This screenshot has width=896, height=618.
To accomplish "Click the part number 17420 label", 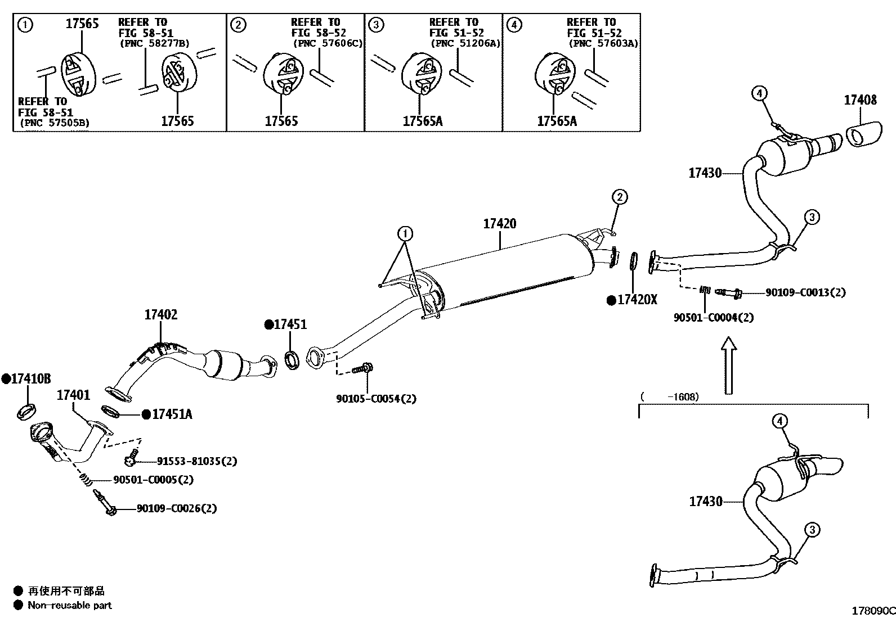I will click(x=499, y=224).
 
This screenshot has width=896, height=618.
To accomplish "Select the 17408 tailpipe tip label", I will click(x=860, y=100).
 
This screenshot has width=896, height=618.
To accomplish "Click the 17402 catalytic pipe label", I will click(x=160, y=315).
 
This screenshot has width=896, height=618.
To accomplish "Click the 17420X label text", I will click(x=637, y=300).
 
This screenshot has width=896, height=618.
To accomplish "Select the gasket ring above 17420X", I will click(x=633, y=261).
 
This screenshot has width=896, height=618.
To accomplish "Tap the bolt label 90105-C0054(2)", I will click(x=376, y=399).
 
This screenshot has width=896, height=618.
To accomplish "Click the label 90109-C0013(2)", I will click(x=805, y=292).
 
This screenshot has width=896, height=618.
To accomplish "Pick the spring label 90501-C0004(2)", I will click(x=713, y=317).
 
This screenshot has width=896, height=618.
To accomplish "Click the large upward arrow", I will click(x=729, y=366).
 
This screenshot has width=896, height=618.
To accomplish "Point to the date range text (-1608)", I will click(x=670, y=396).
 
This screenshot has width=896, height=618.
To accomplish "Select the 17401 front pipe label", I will click(x=73, y=395).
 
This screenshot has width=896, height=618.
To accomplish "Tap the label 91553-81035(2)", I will click(x=189, y=461).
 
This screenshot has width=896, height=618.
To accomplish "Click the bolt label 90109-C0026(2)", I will click(x=176, y=508).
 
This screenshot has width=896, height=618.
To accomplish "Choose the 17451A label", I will click(x=172, y=414).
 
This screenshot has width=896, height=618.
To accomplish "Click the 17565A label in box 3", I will click(x=423, y=121).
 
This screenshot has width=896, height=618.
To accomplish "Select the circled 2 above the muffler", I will click(x=619, y=197).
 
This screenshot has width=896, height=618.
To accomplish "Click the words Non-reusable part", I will click(x=70, y=606).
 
